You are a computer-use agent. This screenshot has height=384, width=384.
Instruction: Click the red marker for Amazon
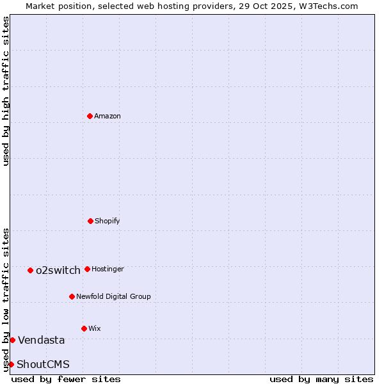90,116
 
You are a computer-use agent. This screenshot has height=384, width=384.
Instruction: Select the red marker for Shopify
90,221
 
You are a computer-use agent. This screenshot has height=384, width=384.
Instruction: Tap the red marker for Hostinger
87,269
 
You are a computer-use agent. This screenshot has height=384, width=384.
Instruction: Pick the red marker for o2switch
30,270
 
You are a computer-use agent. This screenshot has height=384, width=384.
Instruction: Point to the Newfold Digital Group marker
72,296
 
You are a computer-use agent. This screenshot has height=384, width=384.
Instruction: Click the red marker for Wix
84,328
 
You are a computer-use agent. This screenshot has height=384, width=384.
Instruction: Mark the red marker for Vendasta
12,340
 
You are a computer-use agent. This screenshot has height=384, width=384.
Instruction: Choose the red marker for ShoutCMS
11,364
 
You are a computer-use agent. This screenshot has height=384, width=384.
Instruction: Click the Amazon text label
108,116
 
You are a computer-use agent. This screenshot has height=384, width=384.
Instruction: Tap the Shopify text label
108,221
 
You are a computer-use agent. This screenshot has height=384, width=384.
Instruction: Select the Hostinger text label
108,269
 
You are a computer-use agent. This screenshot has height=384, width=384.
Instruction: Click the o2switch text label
58,270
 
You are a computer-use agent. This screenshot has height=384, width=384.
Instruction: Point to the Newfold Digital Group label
113,296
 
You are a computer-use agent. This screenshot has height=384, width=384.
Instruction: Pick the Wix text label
95,328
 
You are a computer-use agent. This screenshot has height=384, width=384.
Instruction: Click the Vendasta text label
41,340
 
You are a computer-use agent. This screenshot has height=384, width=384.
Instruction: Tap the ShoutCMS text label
43,364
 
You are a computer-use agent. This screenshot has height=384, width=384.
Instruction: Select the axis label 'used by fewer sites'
66,379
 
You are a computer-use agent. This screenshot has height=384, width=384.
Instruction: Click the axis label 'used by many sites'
321,379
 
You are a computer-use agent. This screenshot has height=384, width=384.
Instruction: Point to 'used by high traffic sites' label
6,91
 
